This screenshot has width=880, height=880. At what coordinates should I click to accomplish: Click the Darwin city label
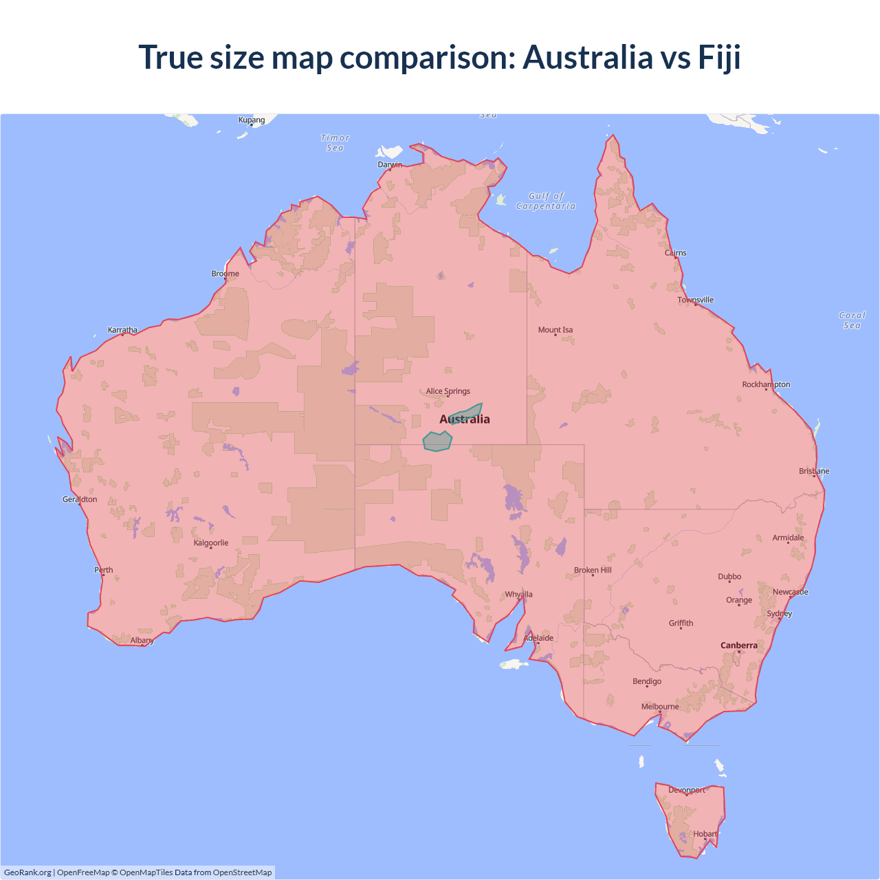point(390,164)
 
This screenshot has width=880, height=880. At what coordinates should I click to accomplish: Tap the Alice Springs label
point(448,391)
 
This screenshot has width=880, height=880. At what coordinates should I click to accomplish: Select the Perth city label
point(104,570)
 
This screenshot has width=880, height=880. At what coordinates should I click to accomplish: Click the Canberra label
point(739,646)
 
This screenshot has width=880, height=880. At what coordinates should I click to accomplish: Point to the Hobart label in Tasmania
point(705,834)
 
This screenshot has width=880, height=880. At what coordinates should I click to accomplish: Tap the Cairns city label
point(675,253)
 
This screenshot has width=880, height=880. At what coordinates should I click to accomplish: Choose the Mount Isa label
point(555,330)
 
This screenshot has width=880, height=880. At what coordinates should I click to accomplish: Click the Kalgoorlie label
point(211,543)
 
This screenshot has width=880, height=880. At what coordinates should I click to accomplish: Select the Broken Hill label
point(593,571)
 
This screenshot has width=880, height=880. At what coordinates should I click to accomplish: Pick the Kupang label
point(252,120)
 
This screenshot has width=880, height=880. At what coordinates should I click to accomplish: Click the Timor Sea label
point(335,143)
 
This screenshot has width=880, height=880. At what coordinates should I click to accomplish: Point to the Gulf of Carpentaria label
point(546,201)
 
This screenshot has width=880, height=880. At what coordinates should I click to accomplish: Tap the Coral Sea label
point(852,320)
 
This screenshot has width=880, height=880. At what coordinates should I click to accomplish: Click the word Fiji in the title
point(719,57)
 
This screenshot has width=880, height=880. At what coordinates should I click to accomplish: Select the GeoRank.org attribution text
point(27,872)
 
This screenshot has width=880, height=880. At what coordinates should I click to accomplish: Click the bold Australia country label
point(465,419)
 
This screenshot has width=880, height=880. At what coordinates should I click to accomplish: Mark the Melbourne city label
point(660,707)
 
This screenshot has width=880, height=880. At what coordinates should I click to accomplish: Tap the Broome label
point(225,274)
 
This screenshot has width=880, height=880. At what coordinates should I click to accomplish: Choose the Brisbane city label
point(814,472)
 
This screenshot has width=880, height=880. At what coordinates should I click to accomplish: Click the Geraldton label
point(80,500)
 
